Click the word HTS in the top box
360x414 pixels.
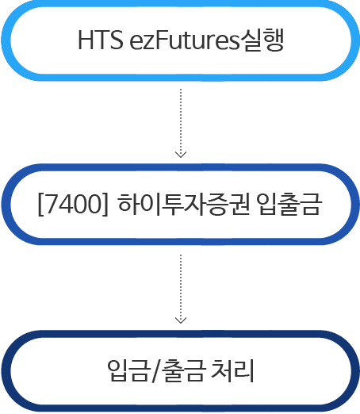[101, 40]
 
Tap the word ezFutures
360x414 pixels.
[184, 40]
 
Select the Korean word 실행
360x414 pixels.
[262, 40]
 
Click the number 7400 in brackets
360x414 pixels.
[73, 204]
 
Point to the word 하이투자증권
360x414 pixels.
[184, 204]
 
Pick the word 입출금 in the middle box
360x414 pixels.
[289, 204]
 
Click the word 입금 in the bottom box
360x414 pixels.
[128, 370]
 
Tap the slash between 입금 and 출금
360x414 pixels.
[157, 370]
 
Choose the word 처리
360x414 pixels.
[232, 370]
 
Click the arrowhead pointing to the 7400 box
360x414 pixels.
[181, 155]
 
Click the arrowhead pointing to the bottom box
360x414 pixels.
[181, 320]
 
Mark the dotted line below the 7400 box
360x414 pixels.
[181, 289]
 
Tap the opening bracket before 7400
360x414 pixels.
[41, 205]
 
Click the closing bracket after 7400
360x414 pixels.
[105, 205]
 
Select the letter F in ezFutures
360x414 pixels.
[162, 40]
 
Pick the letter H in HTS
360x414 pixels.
[86, 40]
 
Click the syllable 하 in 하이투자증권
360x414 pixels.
[128, 204]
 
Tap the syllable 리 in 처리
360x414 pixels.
[244, 370]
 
